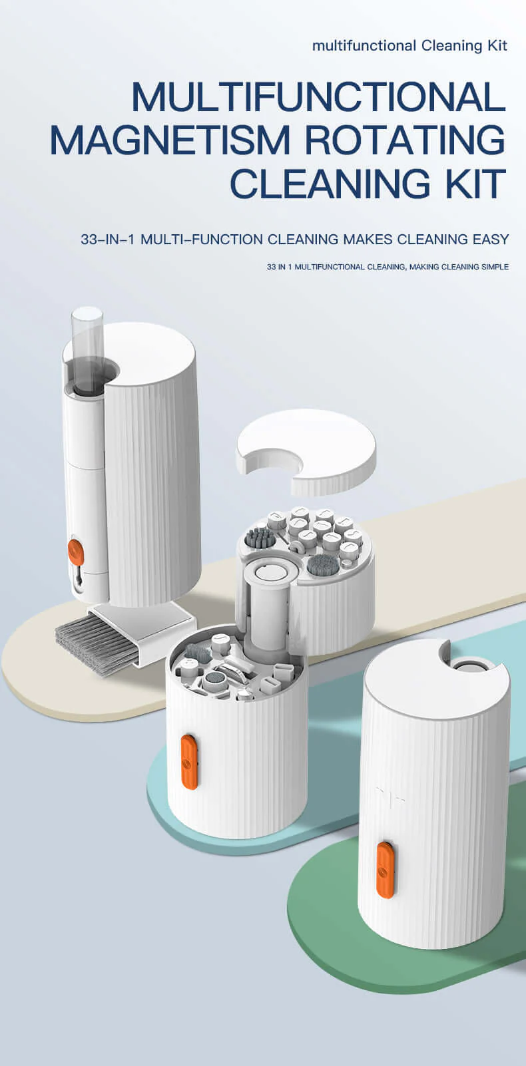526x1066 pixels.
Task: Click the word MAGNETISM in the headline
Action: (x=170, y=140)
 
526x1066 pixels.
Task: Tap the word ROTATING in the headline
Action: (x=405, y=140)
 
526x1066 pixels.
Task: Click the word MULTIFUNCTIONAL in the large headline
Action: (x=318, y=97)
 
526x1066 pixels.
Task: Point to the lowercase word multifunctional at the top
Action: (x=364, y=46)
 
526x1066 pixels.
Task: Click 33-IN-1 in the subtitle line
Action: (x=108, y=239)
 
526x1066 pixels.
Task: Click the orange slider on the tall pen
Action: (x=76, y=552)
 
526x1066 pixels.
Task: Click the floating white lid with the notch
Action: (x=306, y=450)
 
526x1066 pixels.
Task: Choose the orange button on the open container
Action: (x=190, y=762)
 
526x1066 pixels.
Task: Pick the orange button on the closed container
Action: (x=385, y=870)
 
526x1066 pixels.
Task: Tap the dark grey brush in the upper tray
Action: (x=258, y=538)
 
